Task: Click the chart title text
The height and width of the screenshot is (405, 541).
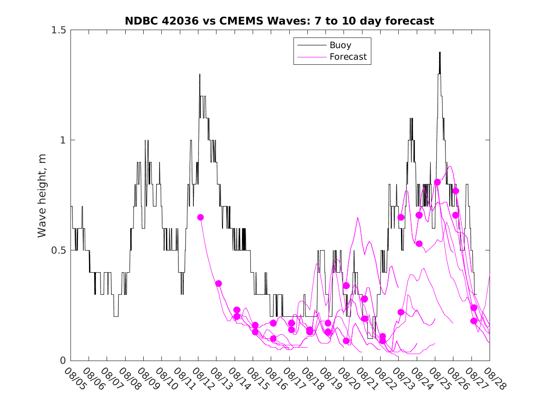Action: [x=279, y=21]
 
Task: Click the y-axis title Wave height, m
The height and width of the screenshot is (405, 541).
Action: [x=42, y=195]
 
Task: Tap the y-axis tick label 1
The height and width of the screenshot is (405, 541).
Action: [x=63, y=140]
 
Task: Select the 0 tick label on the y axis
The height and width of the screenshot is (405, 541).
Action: [x=63, y=361]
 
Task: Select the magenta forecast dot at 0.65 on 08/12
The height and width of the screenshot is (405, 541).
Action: [x=200, y=217]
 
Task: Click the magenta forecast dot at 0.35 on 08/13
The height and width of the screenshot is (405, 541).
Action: [x=218, y=283]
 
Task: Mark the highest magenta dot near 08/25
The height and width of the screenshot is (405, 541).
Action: [x=437, y=182]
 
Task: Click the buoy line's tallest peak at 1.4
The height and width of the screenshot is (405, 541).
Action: [x=439, y=52]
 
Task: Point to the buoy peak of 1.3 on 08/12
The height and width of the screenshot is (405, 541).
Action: [x=200, y=75]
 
